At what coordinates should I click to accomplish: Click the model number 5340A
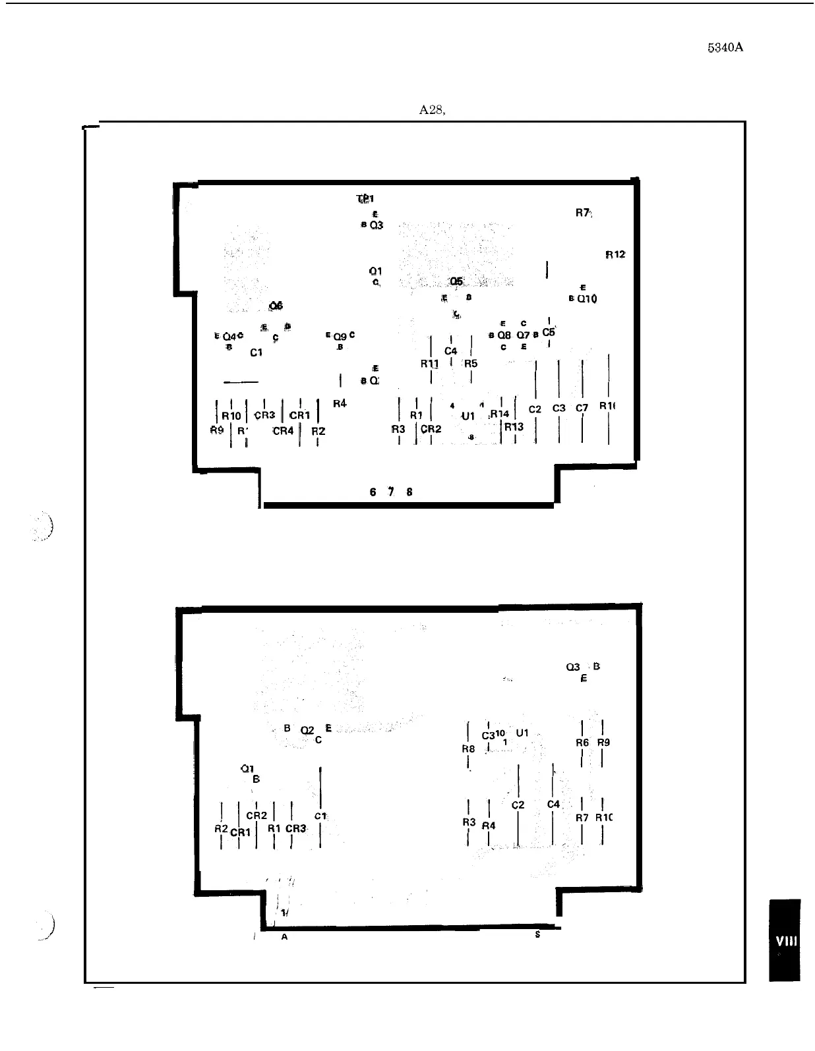[x=725, y=48]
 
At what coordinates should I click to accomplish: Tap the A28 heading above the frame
[x=432, y=110]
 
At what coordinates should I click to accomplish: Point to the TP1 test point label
[x=365, y=198]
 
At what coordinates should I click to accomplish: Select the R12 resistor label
[x=615, y=254]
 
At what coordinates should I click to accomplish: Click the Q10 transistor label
[x=586, y=299]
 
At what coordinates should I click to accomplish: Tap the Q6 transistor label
[x=276, y=306]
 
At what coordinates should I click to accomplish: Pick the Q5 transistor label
[x=456, y=281]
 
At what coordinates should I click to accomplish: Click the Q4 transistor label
[x=229, y=337]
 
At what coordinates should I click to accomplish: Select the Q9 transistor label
[x=340, y=336]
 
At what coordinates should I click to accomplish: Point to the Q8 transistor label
[x=504, y=335]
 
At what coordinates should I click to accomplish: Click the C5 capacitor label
[x=549, y=332]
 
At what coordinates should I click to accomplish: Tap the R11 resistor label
[x=429, y=364]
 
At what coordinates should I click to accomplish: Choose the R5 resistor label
[x=470, y=364]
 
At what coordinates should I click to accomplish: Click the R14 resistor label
[x=500, y=414]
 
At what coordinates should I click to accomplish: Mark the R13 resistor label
[x=514, y=426]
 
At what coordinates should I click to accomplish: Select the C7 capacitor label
[x=582, y=409]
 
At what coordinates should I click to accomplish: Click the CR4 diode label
[x=283, y=431]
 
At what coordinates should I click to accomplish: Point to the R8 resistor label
[x=468, y=749]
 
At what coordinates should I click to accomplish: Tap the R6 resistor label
[x=582, y=743]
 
